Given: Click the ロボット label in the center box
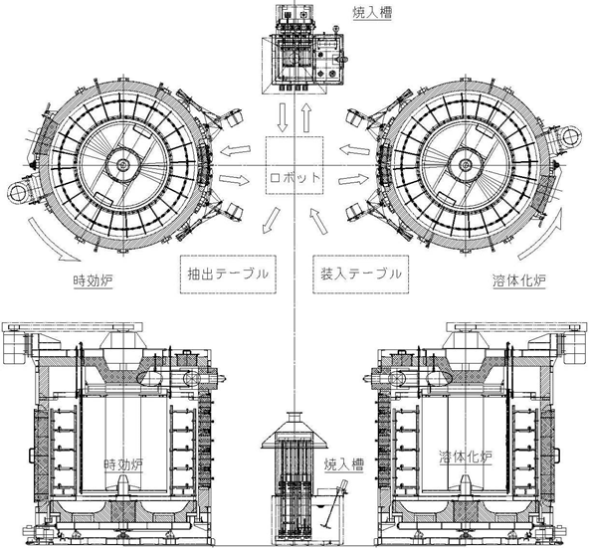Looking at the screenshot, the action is pyautogui.click(x=294, y=177).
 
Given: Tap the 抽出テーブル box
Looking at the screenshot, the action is pyautogui.click(x=228, y=274).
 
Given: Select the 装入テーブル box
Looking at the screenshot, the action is pyautogui.click(x=360, y=274).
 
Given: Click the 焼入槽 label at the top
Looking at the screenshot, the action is pyautogui.click(x=372, y=13).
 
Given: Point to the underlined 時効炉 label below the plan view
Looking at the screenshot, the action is pyautogui.click(x=93, y=280).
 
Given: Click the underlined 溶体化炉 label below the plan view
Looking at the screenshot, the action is pyautogui.click(x=519, y=280).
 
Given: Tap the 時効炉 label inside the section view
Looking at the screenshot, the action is pyautogui.click(x=123, y=465).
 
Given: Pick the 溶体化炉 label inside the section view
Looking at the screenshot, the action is pyautogui.click(x=466, y=457).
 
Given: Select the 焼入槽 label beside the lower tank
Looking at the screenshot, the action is pyautogui.click(x=343, y=465).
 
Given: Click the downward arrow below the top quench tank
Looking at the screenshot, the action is pyautogui.click(x=283, y=117).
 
